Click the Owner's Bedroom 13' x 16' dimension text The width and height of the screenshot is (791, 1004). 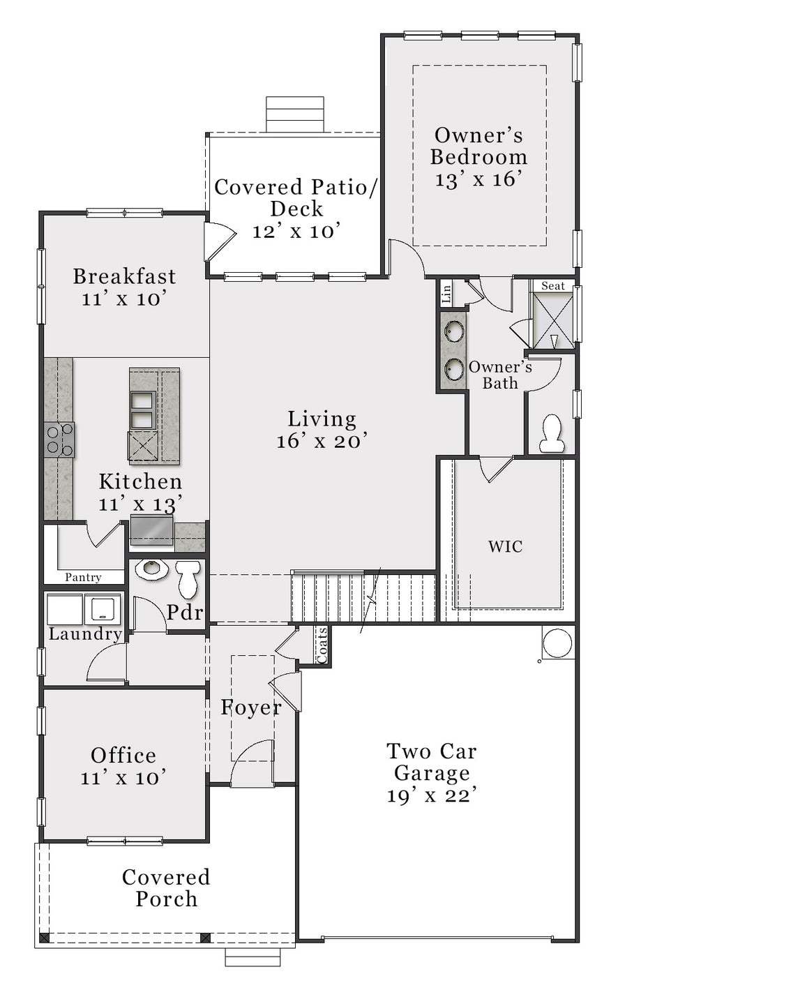[479, 179]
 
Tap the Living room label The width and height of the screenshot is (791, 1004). [322, 419]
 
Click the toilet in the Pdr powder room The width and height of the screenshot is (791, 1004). [188, 578]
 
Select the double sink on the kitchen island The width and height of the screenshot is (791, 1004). [142, 410]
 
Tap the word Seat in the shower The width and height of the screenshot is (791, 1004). [553, 286]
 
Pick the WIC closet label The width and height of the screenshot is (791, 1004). [505, 546]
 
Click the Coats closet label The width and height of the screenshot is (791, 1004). [322, 645]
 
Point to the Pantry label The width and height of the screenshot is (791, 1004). [83, 577]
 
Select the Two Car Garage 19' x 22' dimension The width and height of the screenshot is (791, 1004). [432, 795]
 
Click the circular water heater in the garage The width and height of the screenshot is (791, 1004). [557, 643]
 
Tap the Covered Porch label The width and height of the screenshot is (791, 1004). [166, 887]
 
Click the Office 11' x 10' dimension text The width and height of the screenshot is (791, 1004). [123, 777]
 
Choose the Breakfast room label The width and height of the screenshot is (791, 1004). [124, 276]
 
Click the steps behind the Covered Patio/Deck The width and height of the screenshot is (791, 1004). [295, 114]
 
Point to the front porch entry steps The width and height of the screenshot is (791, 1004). [253, 958]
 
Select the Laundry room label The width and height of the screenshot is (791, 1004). [85, 634]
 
